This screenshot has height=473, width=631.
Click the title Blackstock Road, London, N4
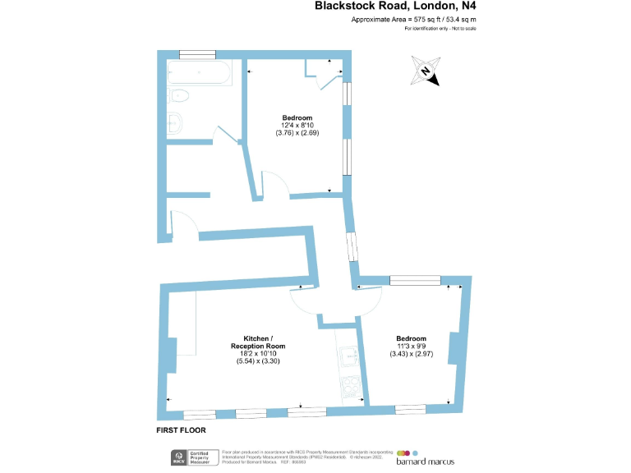396,7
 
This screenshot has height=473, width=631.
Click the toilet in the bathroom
178,97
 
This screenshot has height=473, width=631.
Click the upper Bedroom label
297,117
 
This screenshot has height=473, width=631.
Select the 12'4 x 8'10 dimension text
297,125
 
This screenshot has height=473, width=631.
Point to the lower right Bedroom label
411,338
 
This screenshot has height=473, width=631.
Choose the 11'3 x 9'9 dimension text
411,346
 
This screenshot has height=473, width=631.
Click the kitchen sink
348,356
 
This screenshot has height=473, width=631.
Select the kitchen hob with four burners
350,385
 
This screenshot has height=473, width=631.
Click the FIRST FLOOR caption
181,429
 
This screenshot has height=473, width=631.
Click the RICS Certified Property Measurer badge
193,457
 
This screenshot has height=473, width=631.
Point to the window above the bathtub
197,54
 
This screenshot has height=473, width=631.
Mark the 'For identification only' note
440,29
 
